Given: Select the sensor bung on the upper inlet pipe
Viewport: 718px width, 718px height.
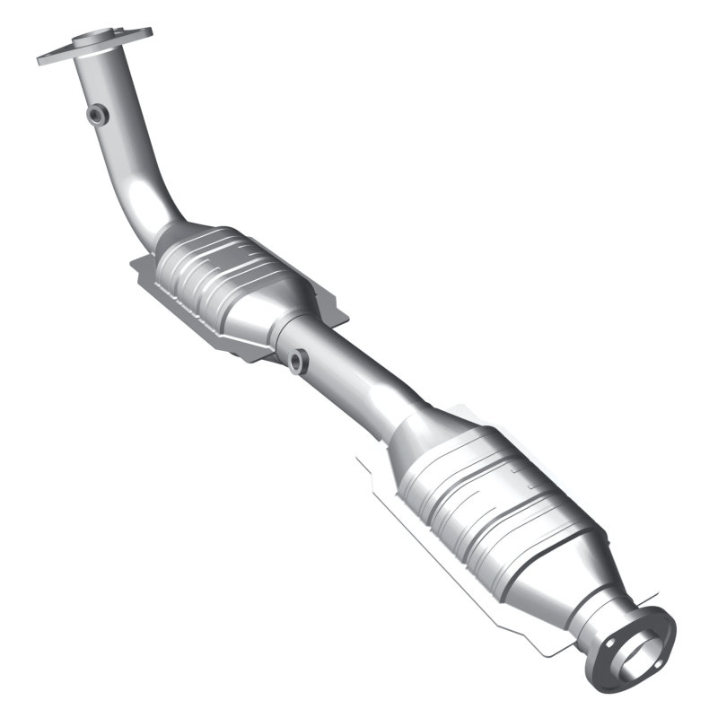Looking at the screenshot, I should pos(97,114).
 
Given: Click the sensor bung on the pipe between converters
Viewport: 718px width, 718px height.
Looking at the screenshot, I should pos(297,362).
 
